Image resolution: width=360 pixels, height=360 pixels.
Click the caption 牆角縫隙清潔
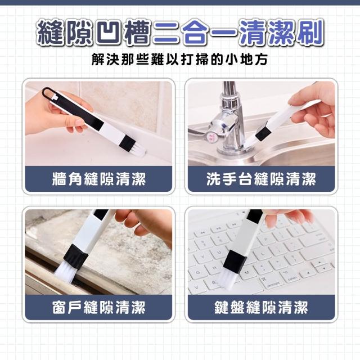99,179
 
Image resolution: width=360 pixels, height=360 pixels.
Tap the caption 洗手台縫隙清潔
261,179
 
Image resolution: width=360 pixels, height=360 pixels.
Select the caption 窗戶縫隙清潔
99,307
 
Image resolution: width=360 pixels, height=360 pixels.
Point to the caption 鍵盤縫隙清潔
261,307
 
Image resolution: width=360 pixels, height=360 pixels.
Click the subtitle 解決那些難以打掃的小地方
180,60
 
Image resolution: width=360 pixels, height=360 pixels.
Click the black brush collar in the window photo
76,256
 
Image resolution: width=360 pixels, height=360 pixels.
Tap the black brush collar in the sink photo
261,133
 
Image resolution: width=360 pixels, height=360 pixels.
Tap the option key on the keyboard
292,277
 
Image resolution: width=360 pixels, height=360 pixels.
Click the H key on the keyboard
215,268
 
